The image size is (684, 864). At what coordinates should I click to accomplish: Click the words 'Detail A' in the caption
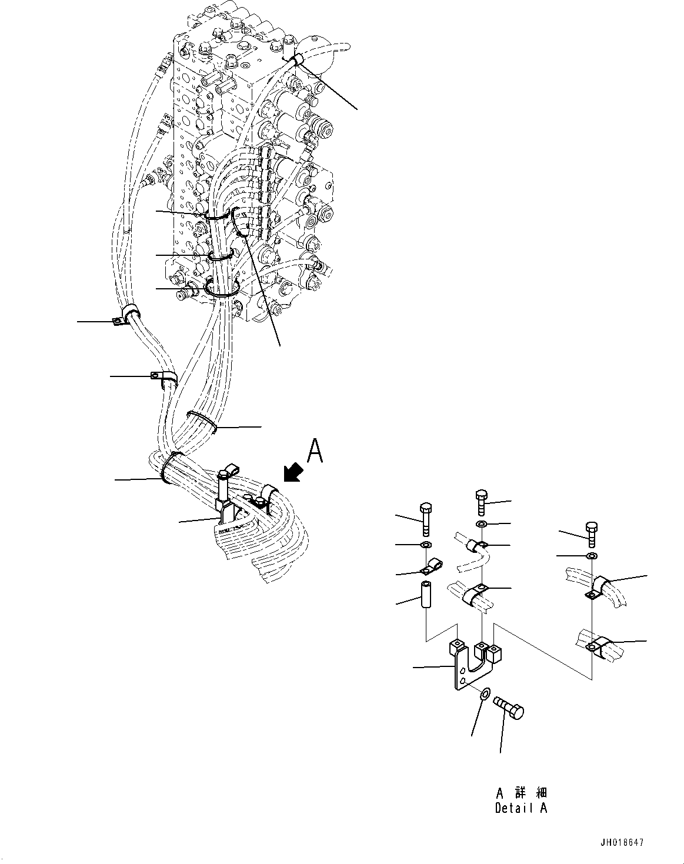(521, 808)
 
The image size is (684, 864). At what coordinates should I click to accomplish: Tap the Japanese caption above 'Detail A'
(521, 793)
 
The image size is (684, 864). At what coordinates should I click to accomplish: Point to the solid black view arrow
(292, 471)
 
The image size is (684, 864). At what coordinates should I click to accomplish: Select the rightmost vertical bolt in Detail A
(592, 533)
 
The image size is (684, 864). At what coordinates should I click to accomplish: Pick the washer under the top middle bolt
(482, 523)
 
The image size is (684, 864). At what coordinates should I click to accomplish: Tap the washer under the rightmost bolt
(592, 556)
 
